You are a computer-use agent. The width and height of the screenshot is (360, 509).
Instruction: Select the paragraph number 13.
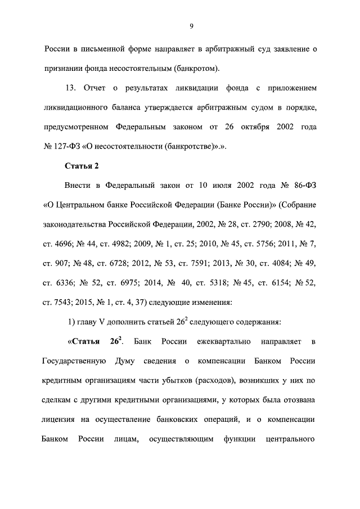(70, 88)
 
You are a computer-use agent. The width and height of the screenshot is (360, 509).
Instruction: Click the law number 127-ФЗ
(68, 146)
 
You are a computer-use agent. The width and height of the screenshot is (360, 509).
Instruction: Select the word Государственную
(75, 361)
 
